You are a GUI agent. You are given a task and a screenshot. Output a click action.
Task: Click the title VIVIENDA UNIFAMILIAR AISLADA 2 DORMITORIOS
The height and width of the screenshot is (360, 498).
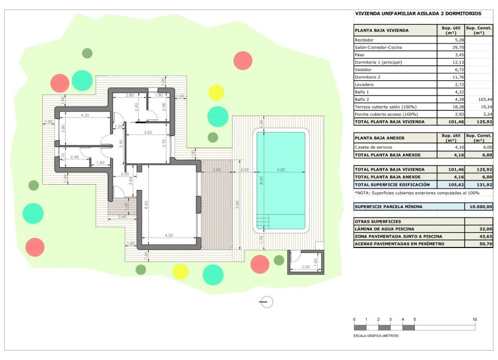(x=418, y=13)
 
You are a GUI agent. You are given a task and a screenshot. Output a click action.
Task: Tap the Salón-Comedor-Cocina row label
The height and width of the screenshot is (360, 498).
(x=378, y=47)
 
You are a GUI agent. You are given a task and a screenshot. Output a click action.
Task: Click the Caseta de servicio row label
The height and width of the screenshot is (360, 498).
(x=373, y=147)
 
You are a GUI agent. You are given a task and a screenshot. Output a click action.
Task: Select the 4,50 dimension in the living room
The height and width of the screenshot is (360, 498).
(x=169, y=235)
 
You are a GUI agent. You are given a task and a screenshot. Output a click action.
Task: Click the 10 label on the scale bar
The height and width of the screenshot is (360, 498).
(x=475, y=319)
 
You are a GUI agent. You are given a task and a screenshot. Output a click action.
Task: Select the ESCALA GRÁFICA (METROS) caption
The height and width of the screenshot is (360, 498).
(x=376, y=336)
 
